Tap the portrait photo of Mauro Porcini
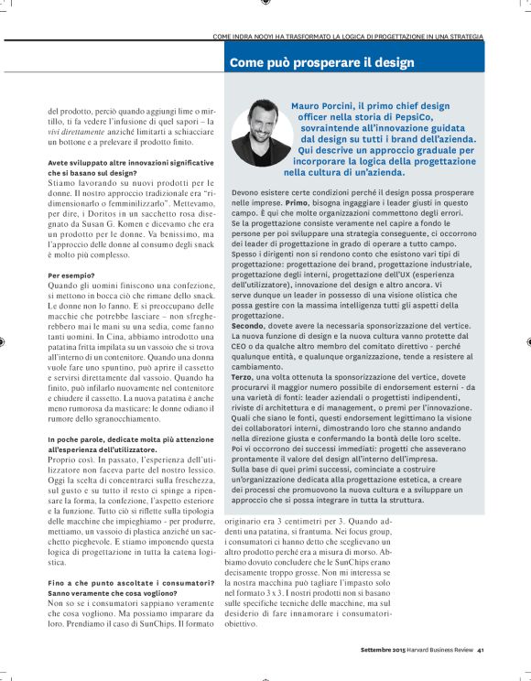click(x=260, y=133)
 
